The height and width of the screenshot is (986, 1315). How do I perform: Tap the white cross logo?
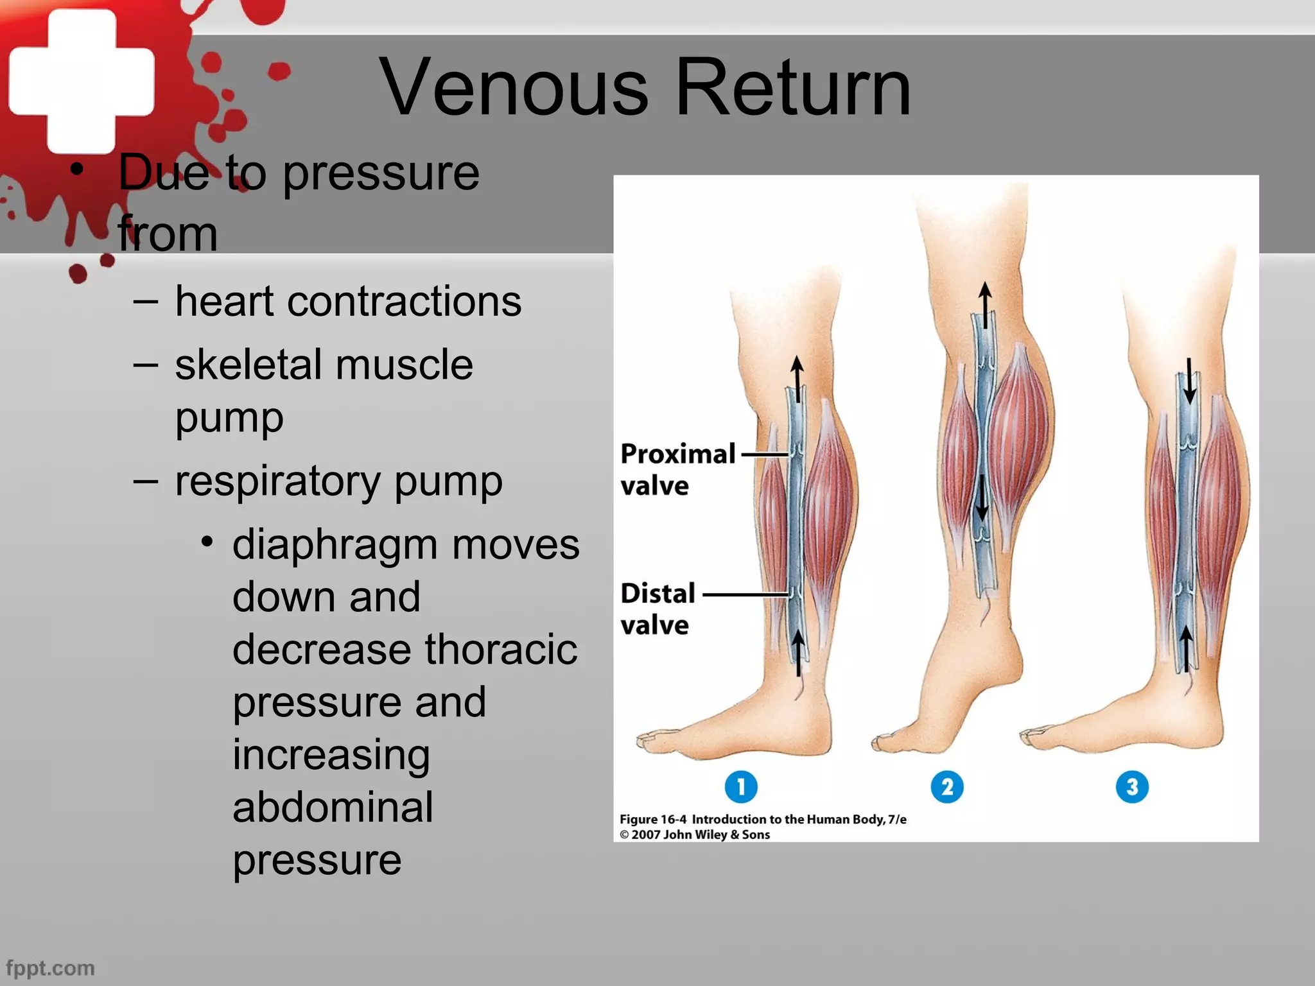(x=82, y=82)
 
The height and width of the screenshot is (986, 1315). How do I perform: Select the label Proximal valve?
(x=677, y=469)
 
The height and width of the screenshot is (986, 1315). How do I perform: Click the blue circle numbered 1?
(x=741, y=786)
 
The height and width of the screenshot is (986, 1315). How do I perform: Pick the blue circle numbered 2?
(x=947, y=787)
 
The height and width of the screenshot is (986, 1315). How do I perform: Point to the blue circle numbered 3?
(x=1132, y=787)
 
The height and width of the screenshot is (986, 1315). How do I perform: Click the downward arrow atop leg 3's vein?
(x=1189, y=381)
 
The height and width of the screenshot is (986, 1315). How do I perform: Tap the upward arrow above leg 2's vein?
(x=985, y=305)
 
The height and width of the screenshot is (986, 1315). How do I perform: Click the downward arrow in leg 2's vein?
(x=982, y=498)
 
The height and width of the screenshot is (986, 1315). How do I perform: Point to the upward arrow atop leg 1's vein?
(x=797, y=379)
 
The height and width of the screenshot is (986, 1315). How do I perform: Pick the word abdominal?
(x=333, y=807)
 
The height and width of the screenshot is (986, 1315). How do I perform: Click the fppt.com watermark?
(x=50, y=968)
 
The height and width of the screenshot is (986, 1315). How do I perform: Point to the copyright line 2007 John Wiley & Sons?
(x=695, y=835)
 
